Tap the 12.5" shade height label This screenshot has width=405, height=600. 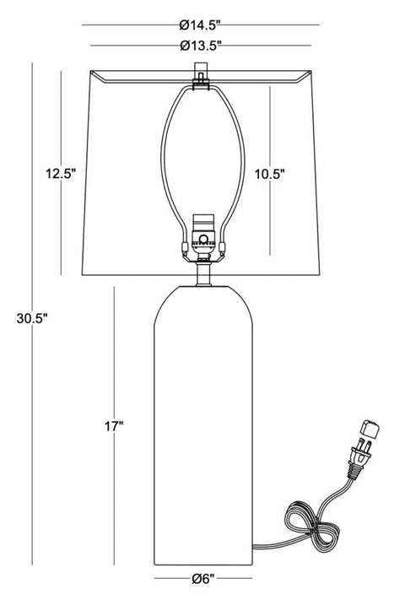tap(61, 173)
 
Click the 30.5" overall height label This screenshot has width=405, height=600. tap(32, 318)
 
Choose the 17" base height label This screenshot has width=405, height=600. tap(114, 427)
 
